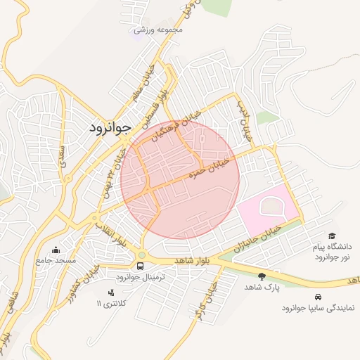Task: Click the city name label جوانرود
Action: (x=110, y=128)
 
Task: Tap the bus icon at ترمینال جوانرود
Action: (x=141, y=266)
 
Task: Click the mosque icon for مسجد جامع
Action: (x=56, y=250)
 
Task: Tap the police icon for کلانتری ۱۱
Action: (x=110, y=292)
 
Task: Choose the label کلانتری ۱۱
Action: (x=110, y=304)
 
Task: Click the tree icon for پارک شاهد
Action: (x=262, y=276)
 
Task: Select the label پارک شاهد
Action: (x=262, y=288)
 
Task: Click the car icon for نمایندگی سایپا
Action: (x=319, y=297)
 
